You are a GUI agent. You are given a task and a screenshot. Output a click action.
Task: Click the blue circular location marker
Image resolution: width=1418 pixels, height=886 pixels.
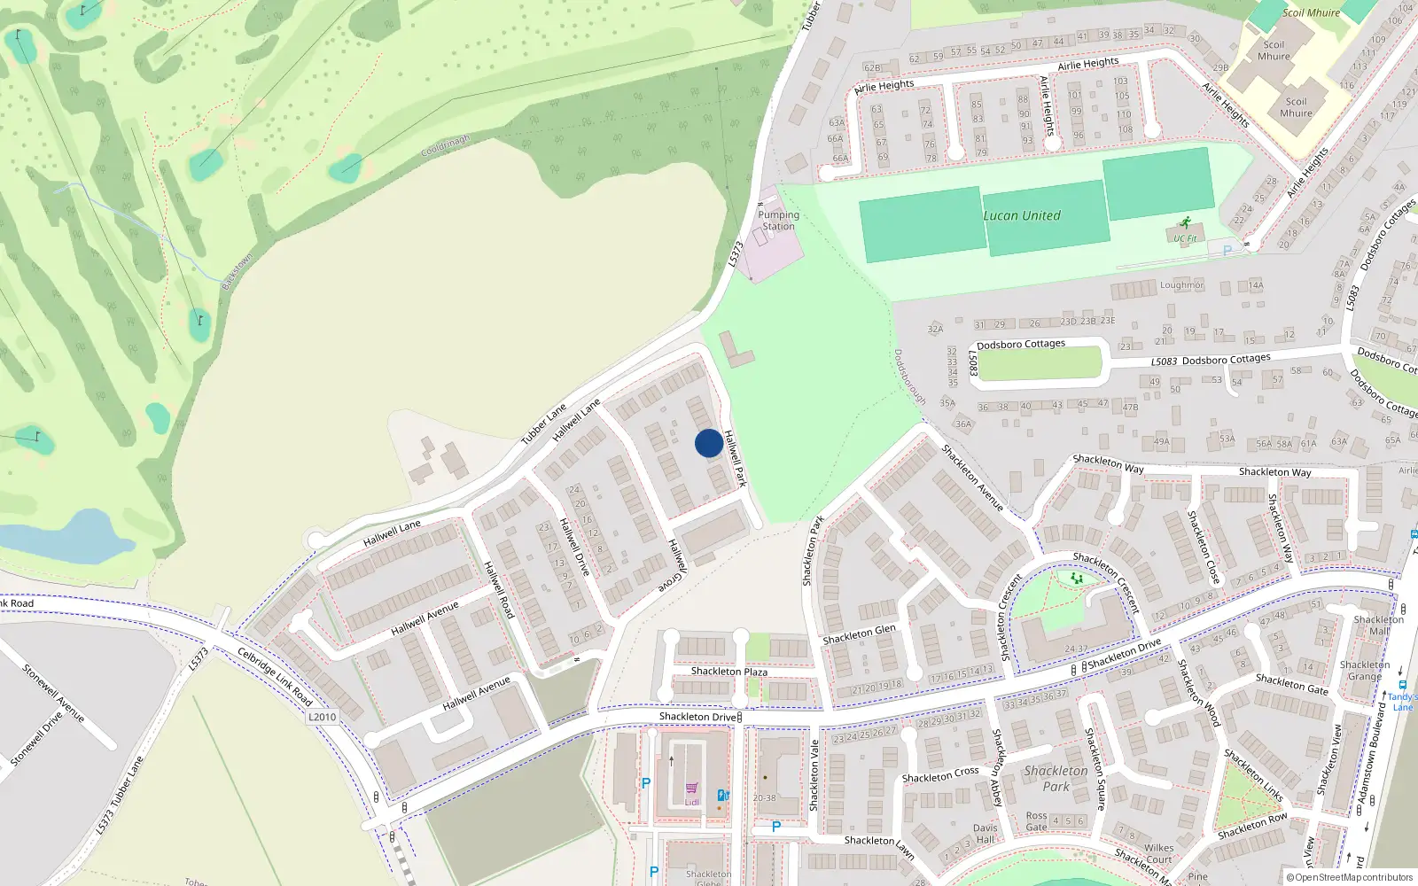(708, 443)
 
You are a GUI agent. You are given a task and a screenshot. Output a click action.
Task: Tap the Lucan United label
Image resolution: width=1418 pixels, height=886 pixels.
(1021, 215)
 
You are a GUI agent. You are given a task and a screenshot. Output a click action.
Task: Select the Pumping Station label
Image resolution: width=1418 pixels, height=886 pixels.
(778, 221)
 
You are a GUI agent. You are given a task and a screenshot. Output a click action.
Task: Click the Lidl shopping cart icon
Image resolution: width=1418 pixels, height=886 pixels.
(691, 788)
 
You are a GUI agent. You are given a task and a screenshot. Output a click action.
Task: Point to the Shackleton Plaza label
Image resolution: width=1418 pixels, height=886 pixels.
(728, 672)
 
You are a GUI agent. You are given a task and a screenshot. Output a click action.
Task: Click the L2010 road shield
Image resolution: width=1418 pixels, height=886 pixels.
(322, 717)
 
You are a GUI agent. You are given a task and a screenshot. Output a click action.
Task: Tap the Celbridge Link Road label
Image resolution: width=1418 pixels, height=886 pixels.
(275, 677)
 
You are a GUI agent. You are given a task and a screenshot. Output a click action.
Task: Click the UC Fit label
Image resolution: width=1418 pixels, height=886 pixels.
(1185, 238)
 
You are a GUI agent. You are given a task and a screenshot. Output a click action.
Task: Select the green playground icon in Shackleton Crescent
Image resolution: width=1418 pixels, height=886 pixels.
(1077, 579)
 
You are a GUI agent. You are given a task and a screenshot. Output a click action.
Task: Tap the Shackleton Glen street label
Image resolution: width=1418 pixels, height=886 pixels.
(859, 633)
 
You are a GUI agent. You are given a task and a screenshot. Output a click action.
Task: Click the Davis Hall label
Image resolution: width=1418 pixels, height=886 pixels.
(985, 834)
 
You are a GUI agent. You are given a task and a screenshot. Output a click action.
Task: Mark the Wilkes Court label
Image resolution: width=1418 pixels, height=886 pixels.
(1158, 853)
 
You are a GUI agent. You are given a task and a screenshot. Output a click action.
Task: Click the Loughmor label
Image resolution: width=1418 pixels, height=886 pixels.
(1182, 285)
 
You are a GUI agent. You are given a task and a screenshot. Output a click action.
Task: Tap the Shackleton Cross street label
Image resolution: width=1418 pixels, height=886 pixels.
(940, 775)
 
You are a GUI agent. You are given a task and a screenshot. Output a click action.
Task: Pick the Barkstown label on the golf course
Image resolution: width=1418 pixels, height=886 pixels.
(238, 271)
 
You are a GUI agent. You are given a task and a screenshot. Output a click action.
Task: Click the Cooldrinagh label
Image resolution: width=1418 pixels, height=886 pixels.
(445, 146)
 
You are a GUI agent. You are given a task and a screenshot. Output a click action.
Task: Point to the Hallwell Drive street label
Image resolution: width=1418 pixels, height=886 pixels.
(574, 548)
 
